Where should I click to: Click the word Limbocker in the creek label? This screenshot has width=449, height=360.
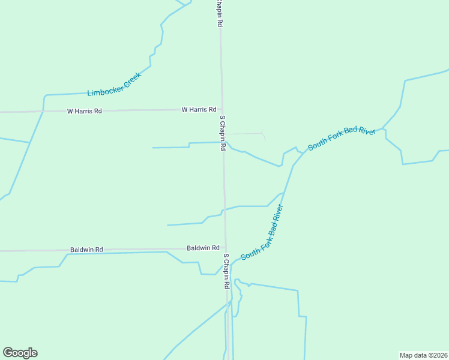pos(106,89)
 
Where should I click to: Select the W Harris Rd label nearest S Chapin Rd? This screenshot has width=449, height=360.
pos(199,110)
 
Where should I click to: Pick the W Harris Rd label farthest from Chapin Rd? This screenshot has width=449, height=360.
pos(84,111)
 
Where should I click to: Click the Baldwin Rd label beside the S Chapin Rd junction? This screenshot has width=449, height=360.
pos(203,248)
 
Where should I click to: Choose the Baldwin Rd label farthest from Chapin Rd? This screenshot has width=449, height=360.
pos(86,249)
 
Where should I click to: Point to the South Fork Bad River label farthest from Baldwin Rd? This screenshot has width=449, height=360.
pos(342,139)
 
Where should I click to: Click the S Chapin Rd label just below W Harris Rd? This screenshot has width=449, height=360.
pos(222,133)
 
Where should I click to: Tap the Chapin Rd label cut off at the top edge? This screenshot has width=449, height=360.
pos(220,12)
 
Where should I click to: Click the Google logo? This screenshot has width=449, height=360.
pos(20,353)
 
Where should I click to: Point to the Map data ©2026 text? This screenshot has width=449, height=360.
pos(423,355)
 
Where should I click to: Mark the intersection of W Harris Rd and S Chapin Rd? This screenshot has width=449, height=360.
pos(221,109)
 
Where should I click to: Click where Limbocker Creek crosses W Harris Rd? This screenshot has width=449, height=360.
pos(43,112)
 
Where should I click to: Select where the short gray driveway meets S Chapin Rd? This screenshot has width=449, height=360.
pos(223,133)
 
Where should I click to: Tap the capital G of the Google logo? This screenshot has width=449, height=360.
pos(8,352)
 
